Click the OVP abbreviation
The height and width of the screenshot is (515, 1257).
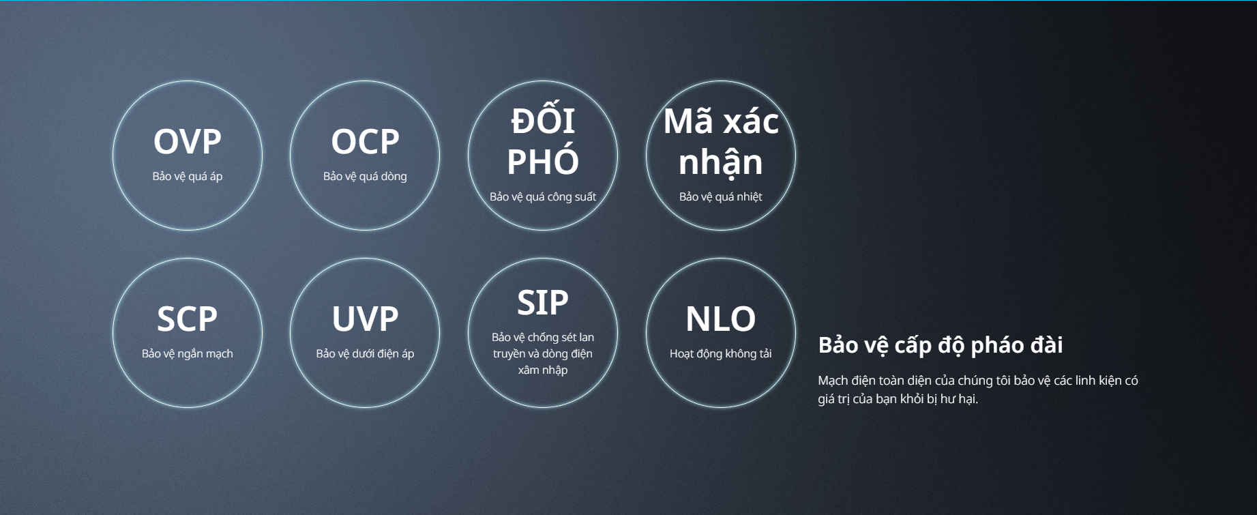tap(188, 142)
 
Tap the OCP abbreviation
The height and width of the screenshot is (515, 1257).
tap(365, 142)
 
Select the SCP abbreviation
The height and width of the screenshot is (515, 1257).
tap(188, 319)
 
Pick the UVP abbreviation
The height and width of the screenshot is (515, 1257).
tap(365, 319)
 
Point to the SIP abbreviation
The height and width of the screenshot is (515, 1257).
tap(543, 303)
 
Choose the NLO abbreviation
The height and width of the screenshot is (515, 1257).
tap(721, 319)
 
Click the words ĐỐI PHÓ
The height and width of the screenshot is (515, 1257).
tap(543, 141)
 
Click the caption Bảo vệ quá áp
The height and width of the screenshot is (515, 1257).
tap(188, 176)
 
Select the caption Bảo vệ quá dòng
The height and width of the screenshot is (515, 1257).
tap(365, 176)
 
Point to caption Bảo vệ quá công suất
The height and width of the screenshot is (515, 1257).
tap(543, 196)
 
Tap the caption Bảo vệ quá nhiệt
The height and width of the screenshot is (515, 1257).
tap(721, 196)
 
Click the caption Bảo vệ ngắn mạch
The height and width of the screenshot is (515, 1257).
tap(188, 353)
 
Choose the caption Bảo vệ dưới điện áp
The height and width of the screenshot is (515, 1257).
tap(365, 353)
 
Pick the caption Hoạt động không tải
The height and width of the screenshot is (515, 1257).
tap(721, 353)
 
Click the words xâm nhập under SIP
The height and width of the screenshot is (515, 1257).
tap(543, 370)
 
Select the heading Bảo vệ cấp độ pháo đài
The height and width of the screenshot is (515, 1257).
tap(941, 345)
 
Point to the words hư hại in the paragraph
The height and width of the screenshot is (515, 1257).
tap(958, 399)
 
